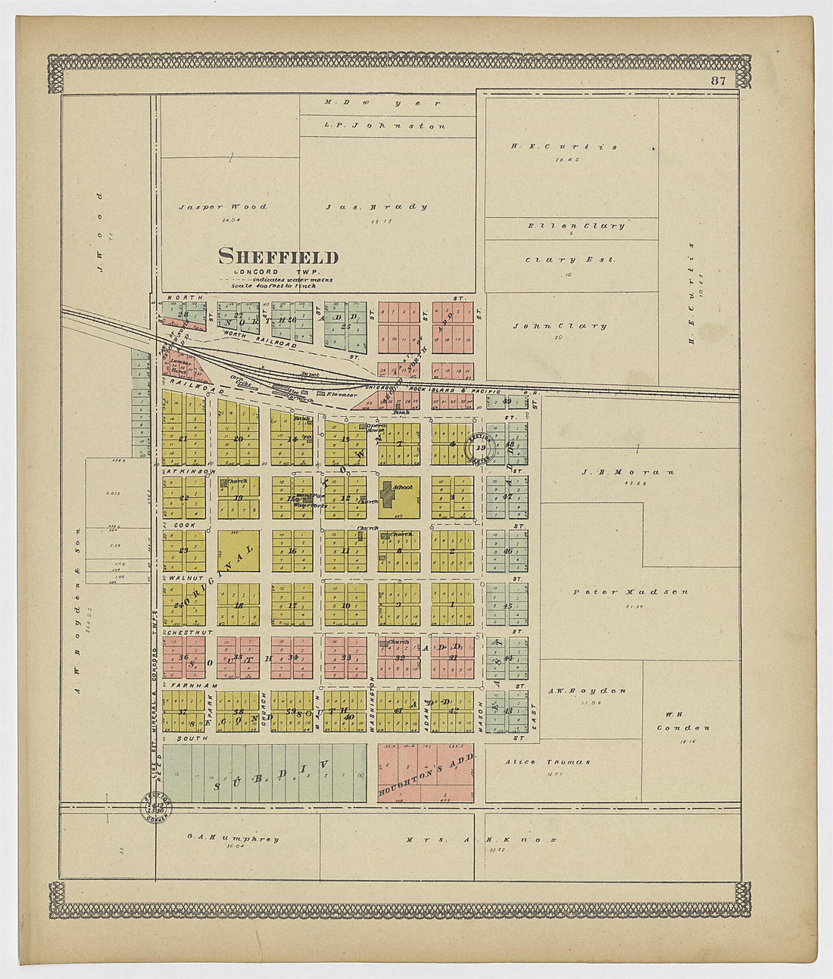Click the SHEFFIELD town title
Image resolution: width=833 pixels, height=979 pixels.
[278, 257]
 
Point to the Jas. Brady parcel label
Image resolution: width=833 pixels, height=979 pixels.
[376, 207]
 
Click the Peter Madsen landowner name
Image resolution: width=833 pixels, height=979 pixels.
[630, 592]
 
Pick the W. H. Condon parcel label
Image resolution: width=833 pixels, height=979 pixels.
[688, 721]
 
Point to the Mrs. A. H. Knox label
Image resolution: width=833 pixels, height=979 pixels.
[481, 839]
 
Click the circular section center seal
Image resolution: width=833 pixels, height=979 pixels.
[479, 448]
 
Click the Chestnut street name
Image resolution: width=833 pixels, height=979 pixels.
[189, 632]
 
